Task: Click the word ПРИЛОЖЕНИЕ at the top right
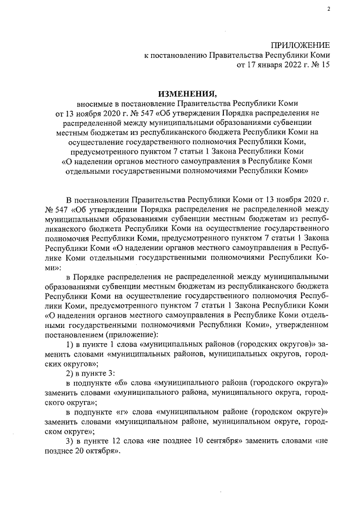(x=301, y=46)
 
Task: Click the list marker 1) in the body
(x=71, y=344)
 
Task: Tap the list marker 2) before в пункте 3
(x=71, y=373)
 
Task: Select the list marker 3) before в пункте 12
(x=71, y=442)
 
